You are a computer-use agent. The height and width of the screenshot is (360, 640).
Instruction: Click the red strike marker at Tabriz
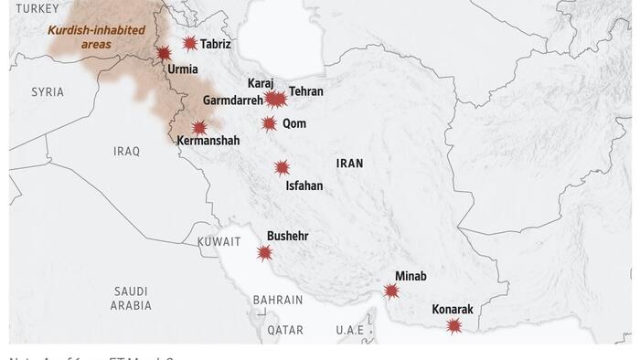[x=189, y=43]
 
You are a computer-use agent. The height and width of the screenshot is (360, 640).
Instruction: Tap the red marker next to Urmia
[x=164, y=54]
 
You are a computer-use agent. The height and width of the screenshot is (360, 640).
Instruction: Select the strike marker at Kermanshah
[x=199, y=127]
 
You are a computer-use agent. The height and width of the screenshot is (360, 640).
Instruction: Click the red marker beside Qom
[x=269, y=123]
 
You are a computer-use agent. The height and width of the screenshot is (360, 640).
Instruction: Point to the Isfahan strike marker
[x=283, y=167]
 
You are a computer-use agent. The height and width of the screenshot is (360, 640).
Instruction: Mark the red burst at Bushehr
[x=265, y=253]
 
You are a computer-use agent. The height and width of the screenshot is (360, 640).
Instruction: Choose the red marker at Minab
[x=391, y=291]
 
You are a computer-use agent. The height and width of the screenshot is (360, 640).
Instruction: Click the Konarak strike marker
[x=453, y=326]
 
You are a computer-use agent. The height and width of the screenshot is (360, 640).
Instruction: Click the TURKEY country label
[x=37, y=8]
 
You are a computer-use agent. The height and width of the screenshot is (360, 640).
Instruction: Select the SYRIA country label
[x=48, y=92]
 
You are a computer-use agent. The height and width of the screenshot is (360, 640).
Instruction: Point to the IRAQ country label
[x=126, y=152]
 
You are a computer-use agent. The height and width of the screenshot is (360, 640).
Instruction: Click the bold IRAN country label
[x=349, y=164]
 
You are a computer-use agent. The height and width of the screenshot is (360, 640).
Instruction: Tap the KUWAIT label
[x=219, y=242]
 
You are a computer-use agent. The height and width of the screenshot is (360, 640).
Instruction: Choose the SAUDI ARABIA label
[x=131, y=299]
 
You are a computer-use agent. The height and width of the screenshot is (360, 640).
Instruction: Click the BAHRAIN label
[x=277, y=300]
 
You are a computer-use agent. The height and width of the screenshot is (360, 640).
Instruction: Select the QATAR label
[x=285, y=330]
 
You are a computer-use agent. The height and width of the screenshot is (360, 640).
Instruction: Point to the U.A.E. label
[x=349, y=330]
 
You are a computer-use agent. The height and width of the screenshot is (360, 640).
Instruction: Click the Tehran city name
[x=305, y=91]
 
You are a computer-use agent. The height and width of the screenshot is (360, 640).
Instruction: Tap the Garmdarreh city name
[x=232, y=100]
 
